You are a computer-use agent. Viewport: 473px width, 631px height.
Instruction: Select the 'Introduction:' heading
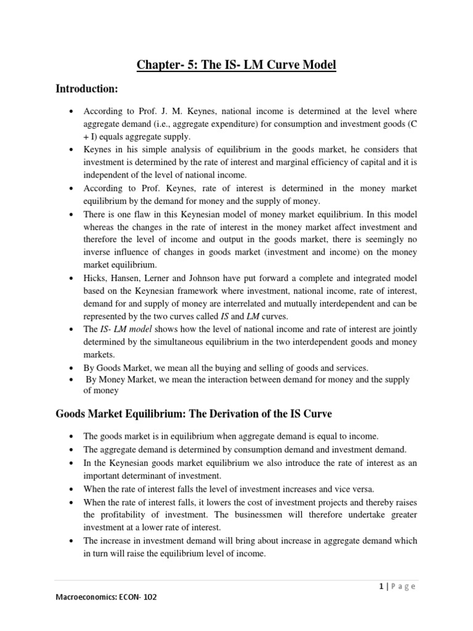(86, 89)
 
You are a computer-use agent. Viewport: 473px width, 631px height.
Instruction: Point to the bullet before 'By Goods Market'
(74, 368)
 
